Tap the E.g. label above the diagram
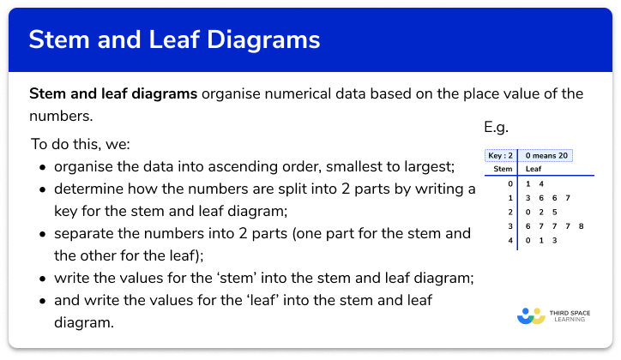(497, 128)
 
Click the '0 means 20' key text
(547, 156)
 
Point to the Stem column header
(503, 170)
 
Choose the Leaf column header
(534, 170)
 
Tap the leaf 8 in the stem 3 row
(582, 225)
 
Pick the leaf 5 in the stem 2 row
(554, 212)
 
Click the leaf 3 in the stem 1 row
(527, 198)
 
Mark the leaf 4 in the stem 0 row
(540, 184)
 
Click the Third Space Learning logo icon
(531, 315)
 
